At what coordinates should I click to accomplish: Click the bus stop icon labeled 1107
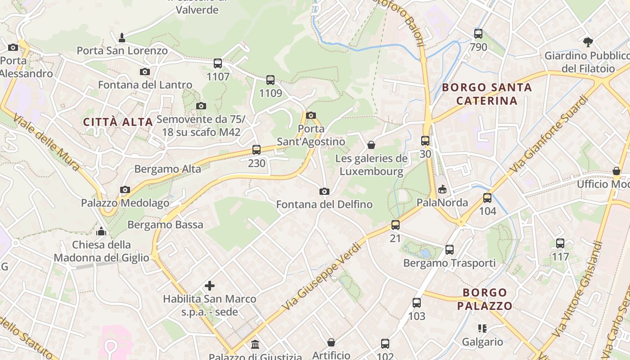coord(218,63)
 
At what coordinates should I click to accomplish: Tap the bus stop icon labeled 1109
coord(270,80)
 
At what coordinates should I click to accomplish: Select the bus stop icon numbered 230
coord(256,150)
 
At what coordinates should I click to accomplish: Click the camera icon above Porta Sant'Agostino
coord(310,115)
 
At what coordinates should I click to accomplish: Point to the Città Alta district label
coord(118,122)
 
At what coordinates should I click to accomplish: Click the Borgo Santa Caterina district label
coord(487,94)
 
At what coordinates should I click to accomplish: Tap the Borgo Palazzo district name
coord(485,299)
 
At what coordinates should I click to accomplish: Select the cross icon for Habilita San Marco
coord(210,286)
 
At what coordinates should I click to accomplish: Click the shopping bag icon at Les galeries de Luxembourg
coord(371,145)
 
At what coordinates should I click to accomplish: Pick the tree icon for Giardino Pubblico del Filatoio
coord(588,42)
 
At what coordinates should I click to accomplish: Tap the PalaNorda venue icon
coord(442,189)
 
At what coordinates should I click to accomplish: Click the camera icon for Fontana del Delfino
coord(324,192)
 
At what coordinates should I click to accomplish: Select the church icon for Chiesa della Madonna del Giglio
coord(102,231)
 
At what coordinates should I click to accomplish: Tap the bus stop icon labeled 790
coord(478,34)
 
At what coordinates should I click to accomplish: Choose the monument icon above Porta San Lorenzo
coord(121,37)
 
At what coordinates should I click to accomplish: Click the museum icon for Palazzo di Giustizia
coord(255,345)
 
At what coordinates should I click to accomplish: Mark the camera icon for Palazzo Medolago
coord(125,190)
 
